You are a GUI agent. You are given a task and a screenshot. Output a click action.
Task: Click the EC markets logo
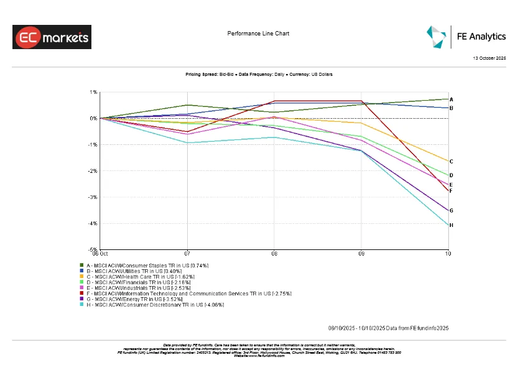(52, 37)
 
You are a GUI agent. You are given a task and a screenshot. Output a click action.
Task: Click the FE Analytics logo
(466, 37)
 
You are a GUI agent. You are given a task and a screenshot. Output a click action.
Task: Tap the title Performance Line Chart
(258, 34)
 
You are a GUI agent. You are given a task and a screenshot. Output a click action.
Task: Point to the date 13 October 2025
(490, 58)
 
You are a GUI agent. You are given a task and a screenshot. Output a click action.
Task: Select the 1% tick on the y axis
(93, 92)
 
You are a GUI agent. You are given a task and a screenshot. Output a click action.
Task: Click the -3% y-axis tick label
(93, 197)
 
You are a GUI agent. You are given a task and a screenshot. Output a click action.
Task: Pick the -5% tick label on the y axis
(93, 250)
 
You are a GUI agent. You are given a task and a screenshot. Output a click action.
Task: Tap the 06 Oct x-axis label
(101, 254)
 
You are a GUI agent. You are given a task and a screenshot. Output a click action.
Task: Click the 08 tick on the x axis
(274, 254)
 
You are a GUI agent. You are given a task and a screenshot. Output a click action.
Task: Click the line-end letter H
(451, 225)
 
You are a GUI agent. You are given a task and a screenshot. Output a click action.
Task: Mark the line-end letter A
(451, 99)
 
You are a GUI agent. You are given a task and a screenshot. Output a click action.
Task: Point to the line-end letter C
(451, 162)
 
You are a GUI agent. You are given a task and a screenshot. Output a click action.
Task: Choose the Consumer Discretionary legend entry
(151, 305)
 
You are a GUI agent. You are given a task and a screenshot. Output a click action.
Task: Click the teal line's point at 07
(187, 143)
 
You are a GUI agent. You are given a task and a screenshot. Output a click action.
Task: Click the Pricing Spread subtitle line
(259, 74)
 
